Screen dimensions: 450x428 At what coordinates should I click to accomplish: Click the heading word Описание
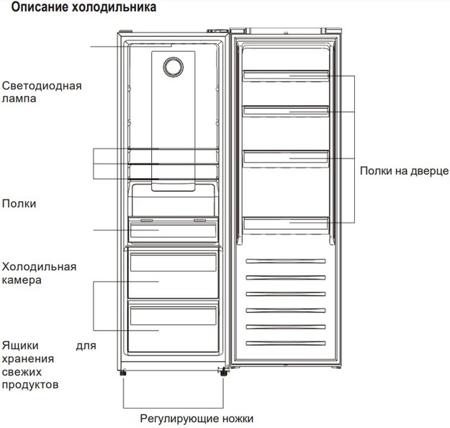pos(40,7)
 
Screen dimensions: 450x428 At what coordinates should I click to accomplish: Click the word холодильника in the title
pos(114,7)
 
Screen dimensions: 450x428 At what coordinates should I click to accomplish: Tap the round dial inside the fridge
pos(173,67)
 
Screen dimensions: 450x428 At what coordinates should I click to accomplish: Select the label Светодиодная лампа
pos(42,92)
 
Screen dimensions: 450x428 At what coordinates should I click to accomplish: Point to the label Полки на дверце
pos(404,171)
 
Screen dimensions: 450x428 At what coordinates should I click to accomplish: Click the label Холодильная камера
pos(39,273)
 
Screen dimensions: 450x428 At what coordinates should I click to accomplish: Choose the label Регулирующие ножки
pos(197,419)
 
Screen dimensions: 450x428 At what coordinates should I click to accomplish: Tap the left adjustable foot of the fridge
pos(123,373)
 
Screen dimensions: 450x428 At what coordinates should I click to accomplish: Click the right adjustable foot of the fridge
pos(223,373)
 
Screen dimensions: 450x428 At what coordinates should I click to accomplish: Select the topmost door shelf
pos(286,75)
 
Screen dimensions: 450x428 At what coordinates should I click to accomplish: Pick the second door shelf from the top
pos(286,111)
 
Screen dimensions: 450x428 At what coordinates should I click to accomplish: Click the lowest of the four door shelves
pos(286,223)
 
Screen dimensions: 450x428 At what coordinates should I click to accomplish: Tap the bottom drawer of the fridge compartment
pos(173,326)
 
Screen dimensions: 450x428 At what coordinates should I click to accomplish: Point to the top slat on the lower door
pos(286,261)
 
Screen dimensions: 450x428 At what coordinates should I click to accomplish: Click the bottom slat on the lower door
pos(286,343)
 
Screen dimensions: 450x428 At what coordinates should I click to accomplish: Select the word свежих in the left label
pos(22,372)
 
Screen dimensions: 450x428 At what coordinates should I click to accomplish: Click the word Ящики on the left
pos(20,346)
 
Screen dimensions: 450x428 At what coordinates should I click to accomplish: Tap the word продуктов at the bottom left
pos(30,385)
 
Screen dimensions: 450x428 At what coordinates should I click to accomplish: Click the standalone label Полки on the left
pos(19,204)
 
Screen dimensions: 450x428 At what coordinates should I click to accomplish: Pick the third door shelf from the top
pos(286,158)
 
